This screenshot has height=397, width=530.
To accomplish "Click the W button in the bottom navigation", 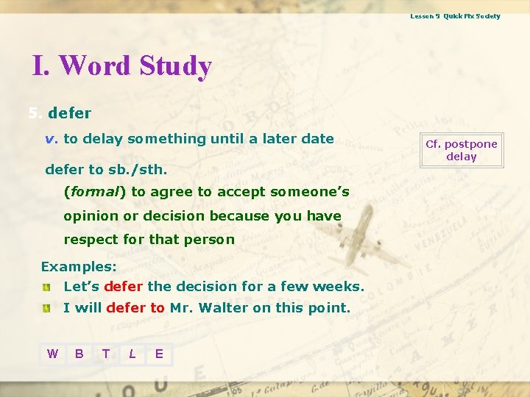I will tap(52, 354).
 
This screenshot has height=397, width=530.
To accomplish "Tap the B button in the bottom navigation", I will tap(79, 354).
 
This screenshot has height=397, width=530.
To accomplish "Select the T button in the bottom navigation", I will tap(106, 354).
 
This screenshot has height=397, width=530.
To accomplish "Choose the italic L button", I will tap(132, 354).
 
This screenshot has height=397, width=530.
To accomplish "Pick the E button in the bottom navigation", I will tap(159, 354).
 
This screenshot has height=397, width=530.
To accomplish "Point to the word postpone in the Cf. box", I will tap(472, 144).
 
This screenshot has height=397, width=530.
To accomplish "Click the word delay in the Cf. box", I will tap(462, 157).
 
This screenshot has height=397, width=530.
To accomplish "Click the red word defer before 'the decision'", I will tap(124, 287).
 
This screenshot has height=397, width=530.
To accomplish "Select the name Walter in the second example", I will tap(224, 308).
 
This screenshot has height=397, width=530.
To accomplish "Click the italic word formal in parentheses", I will tap(95, 192).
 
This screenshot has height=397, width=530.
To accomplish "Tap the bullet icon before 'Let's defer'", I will tap(46, 287).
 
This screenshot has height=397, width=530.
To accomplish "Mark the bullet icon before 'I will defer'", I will tap(46, 308).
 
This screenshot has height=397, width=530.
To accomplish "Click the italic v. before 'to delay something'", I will tap(52, 139).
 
